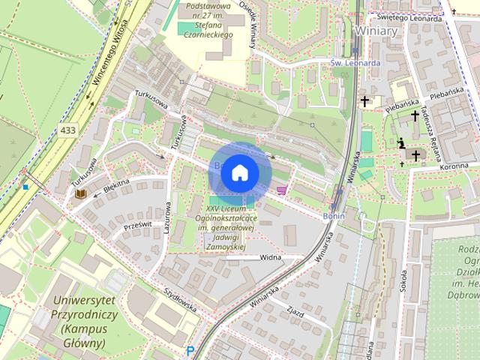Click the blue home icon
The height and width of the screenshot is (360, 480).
point(240,172)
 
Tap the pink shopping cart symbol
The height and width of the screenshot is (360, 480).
point(282,190)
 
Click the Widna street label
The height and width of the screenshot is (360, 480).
point(269,256)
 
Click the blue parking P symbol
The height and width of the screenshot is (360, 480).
point(190,350)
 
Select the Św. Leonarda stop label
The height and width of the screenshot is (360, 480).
point(355,63)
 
